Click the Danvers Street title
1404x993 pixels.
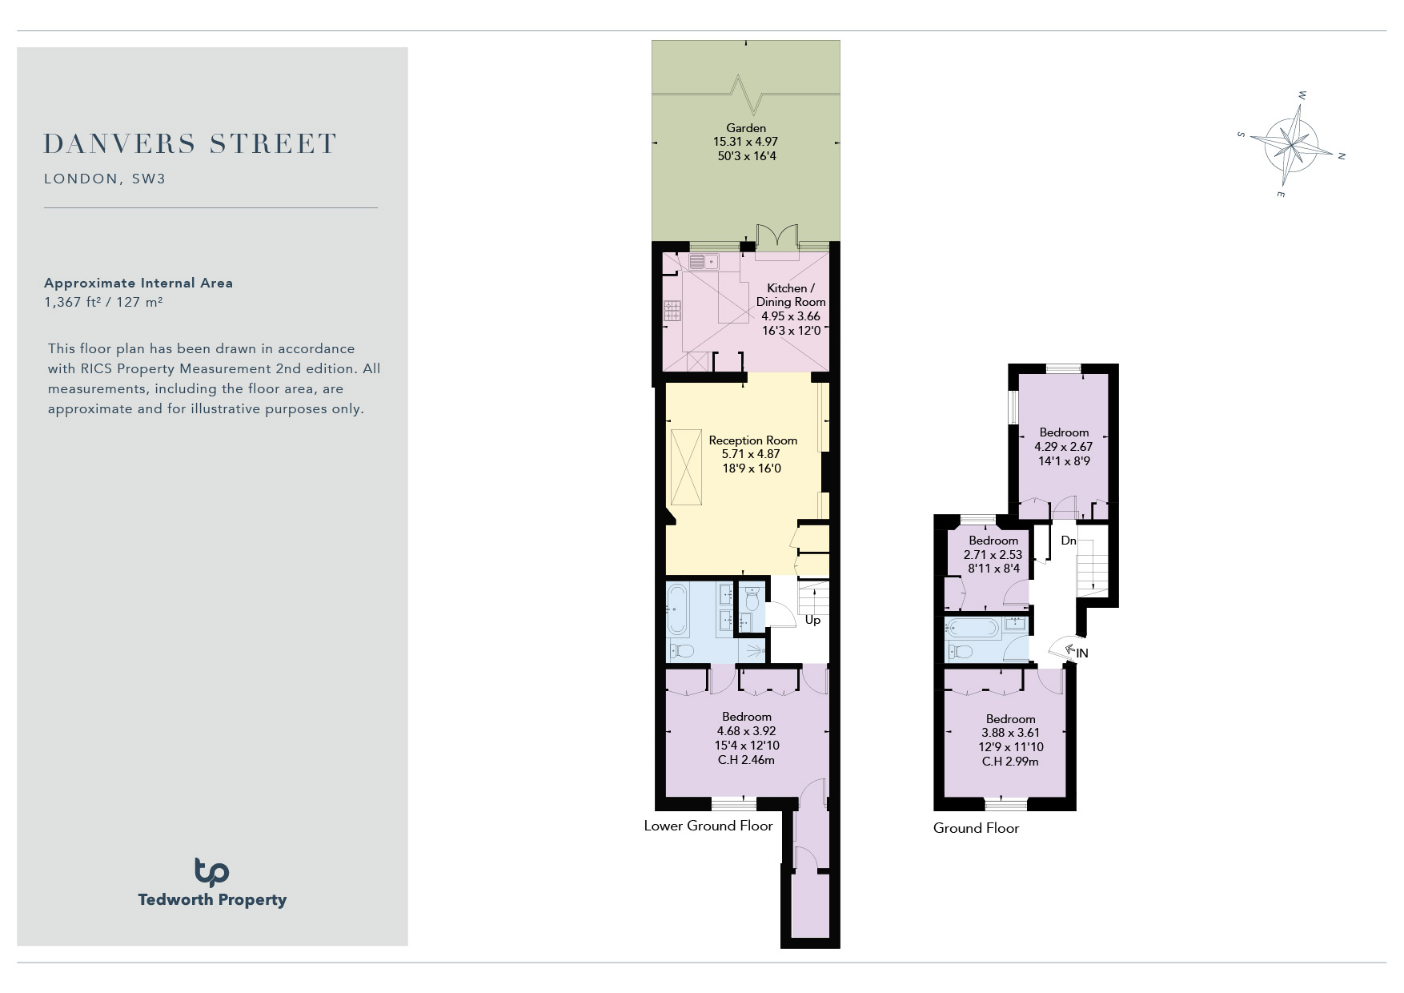tap(190, 144)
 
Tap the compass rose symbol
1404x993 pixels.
tap(1291, 145)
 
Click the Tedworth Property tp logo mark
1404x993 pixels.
tap(211, 872)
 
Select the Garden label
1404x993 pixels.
tap(746, 128)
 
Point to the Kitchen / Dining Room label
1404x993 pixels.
tap(791, 295)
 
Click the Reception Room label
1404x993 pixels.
tap(753, 440)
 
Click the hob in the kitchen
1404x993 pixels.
tap(672, 311)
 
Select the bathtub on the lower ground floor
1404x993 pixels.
tap(677, 610)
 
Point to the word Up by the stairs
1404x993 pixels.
tap(812, 621)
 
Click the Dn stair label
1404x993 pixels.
tap(1069, 541)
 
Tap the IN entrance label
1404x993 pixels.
tap(1082, 653)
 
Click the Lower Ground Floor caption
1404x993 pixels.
tap(708, 826)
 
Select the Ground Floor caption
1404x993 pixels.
tap(976, 828)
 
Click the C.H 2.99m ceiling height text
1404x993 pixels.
tap(1010, 762)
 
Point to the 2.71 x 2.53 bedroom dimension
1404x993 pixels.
tap(993, 555)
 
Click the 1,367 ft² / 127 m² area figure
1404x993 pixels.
tap(103, 303)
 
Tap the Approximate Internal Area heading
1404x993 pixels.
tap(138, 283)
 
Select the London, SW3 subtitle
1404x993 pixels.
tap(105, 179)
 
